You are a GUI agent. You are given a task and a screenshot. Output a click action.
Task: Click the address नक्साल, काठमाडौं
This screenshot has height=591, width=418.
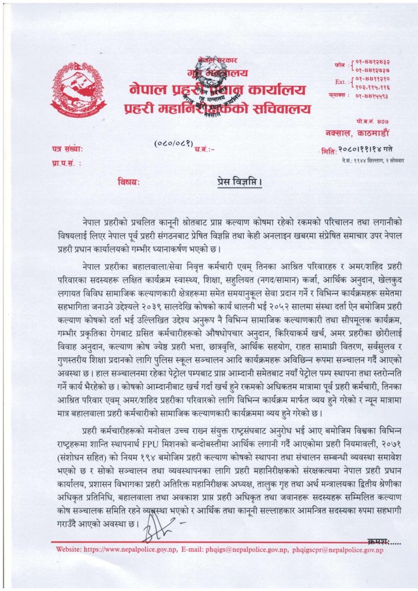pyautogui.click(x=351, y=133)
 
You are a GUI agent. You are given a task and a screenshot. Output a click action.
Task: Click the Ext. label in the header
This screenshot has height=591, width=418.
pyautogui.click(x=340, y=82)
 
